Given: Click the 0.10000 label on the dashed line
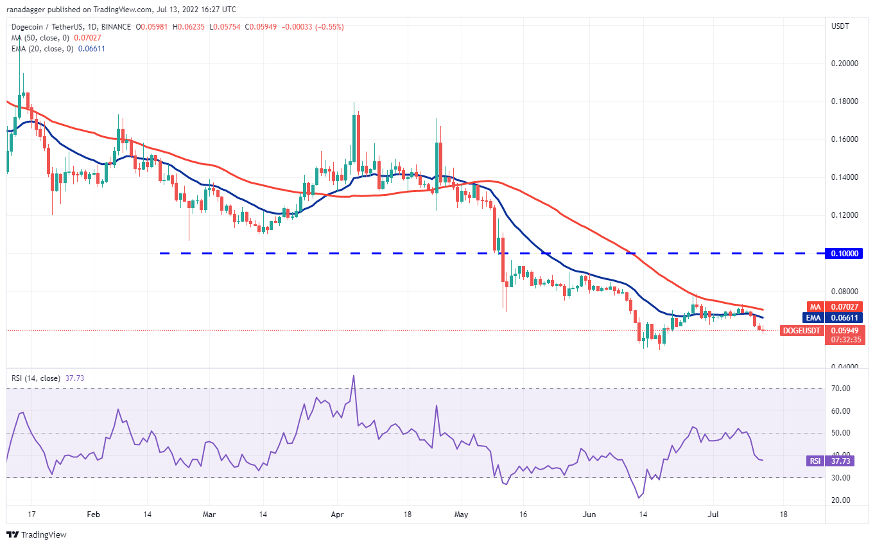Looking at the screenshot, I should point(845,254).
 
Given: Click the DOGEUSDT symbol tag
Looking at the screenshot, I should point(801,331).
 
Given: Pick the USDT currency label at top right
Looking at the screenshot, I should point(840,26).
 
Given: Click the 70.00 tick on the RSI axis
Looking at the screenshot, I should point(840,389).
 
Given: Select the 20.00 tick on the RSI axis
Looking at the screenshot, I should point(840,500).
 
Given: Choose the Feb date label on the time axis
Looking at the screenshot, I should point(94,515).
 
